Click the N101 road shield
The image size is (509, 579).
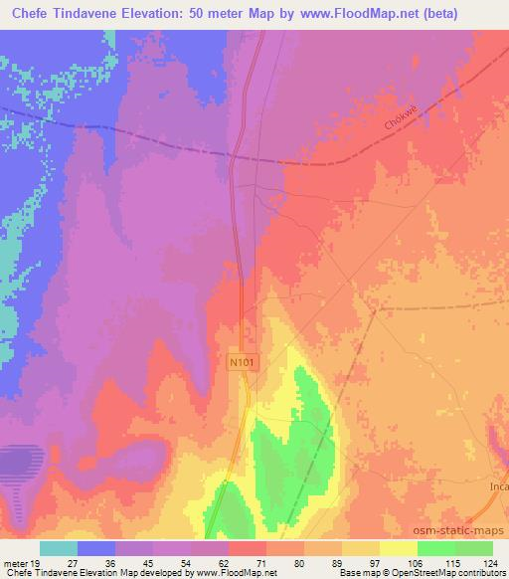246,364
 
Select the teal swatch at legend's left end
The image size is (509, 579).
59,548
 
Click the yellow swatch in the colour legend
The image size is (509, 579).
398,548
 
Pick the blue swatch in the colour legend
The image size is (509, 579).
96,548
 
